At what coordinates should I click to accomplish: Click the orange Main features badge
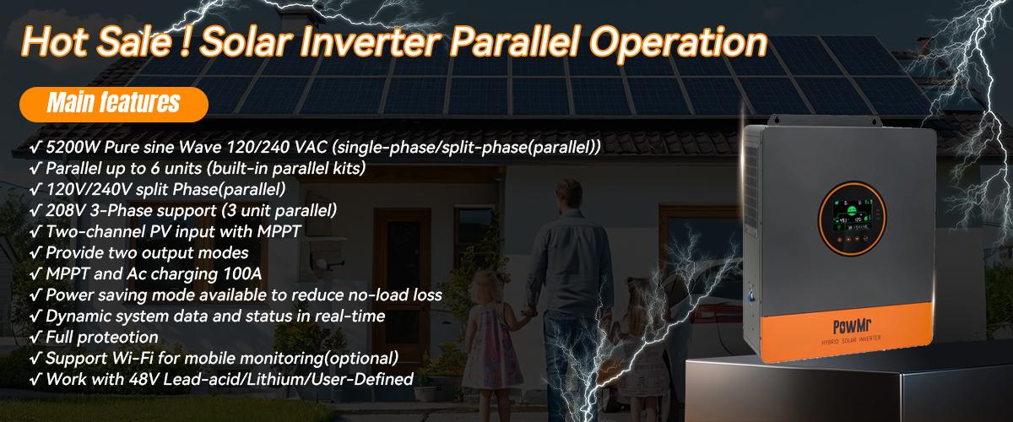tap(113, 103)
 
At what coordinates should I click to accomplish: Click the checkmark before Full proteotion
tap(35, 338)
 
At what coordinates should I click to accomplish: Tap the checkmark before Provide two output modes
tap(35, 253)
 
